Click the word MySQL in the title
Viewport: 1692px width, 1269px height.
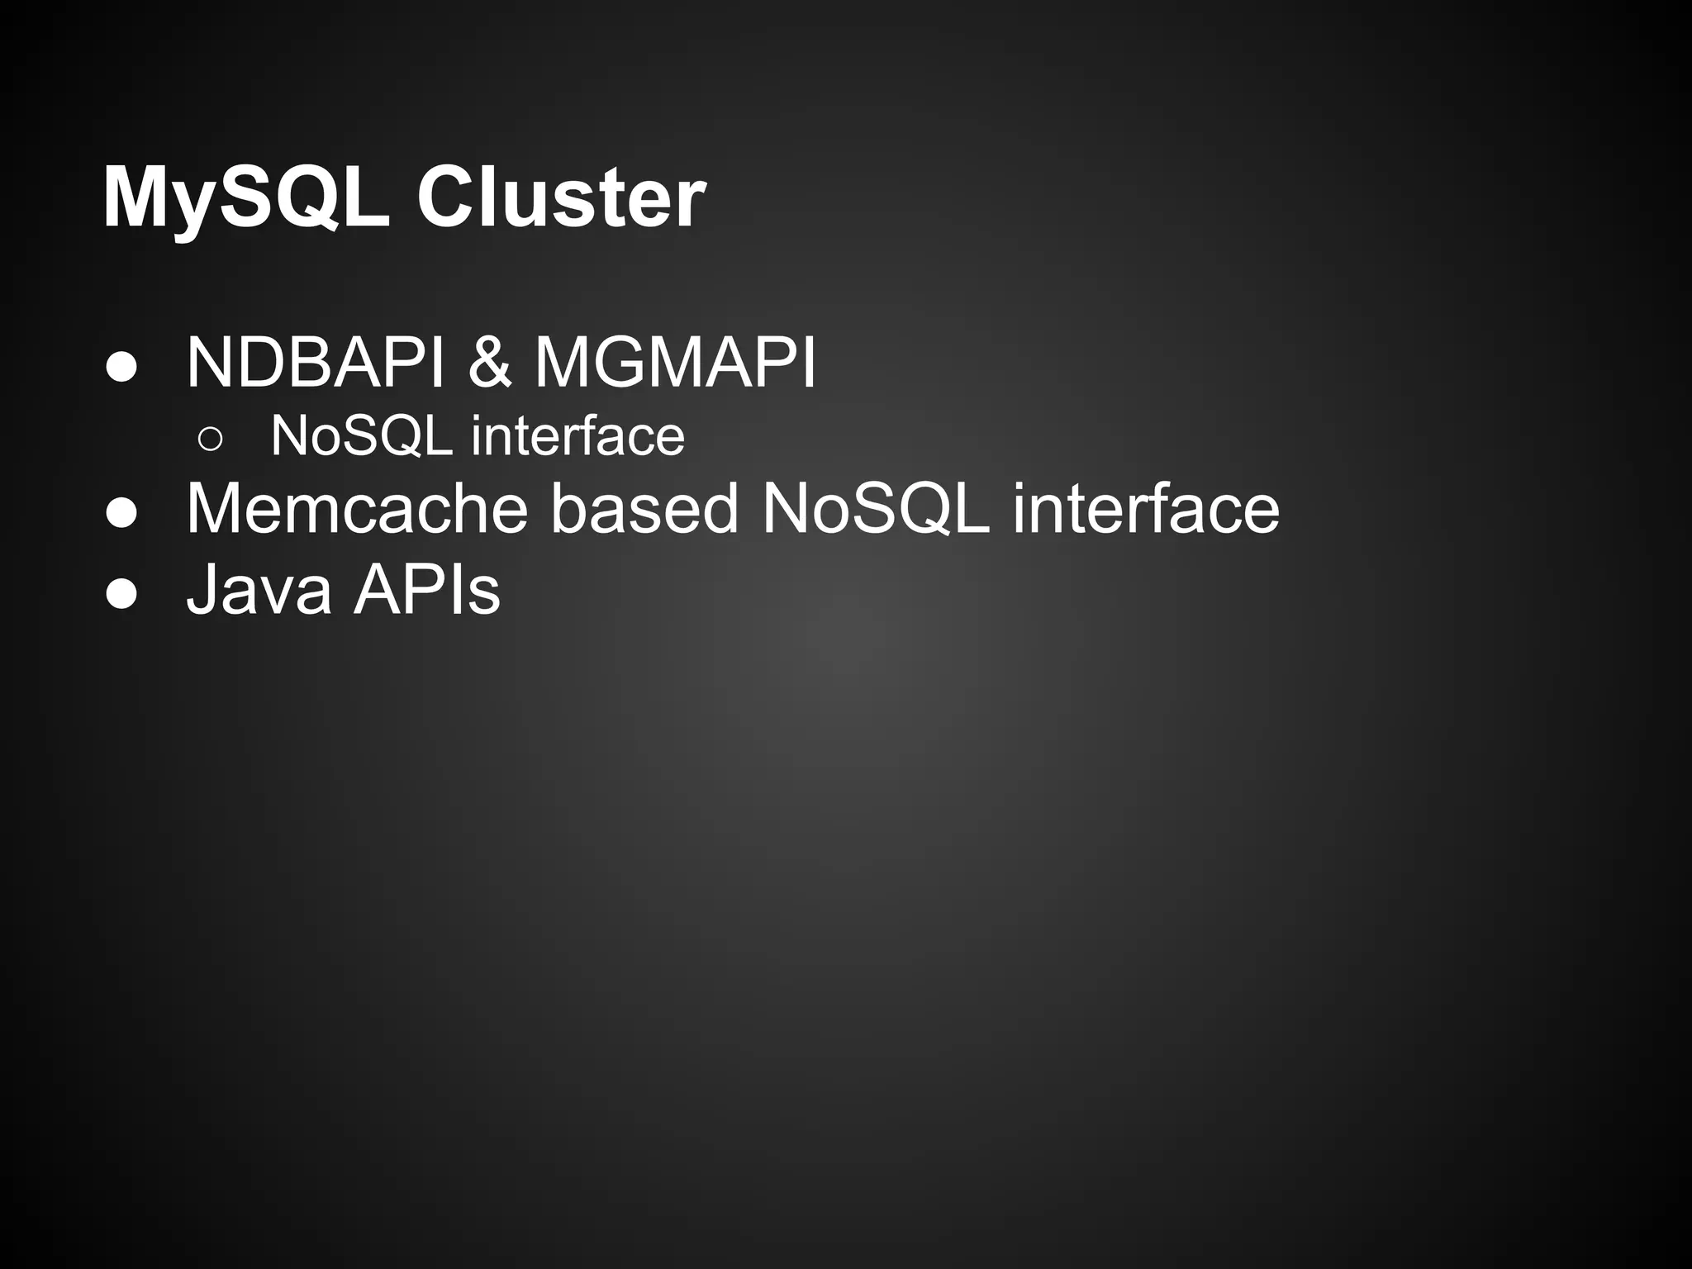point(245,199)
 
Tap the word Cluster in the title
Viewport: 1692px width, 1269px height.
point(562,199)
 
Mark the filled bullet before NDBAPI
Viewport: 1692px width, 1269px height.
point(121,368)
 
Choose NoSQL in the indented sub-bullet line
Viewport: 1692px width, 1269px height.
point(361,435)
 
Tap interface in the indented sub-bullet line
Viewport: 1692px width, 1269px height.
point(577,435)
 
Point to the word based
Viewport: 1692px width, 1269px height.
point(644,508)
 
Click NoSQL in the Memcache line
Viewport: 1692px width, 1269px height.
point(876,508)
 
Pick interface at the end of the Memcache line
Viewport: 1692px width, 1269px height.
point(1146,508)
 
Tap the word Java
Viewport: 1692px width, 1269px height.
point(259,590)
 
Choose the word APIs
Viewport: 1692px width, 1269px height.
point(426,590)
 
